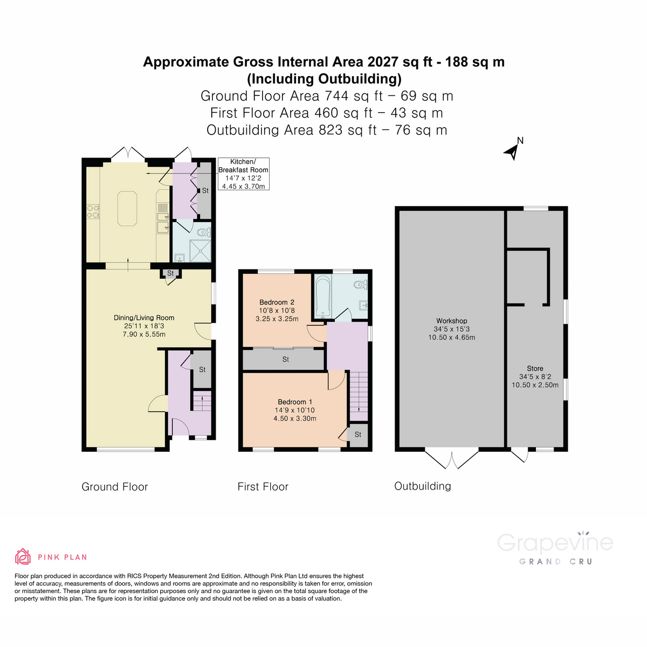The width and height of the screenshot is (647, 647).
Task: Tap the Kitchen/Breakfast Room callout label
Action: [243, 174]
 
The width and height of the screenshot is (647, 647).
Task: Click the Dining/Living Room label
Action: [143, 326]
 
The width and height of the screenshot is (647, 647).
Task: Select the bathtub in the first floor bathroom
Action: [323, 296]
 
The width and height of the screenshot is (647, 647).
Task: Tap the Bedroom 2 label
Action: [277, 310]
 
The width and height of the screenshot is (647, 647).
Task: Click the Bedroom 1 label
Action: [295, 410]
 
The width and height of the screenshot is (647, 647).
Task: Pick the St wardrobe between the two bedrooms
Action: [285, 359]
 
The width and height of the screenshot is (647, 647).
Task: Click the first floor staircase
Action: [358, 396]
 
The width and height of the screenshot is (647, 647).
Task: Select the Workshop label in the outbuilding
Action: [451, 329]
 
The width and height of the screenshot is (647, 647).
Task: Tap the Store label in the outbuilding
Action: [535, 376]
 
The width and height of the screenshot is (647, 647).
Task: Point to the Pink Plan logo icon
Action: [23, 556]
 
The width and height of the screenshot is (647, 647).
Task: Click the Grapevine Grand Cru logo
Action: [555, 548]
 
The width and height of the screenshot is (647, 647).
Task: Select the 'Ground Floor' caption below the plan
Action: [114, 487]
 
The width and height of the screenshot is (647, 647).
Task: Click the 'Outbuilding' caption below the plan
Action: [423, 486]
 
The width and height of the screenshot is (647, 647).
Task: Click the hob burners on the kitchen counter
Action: [93, 211]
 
